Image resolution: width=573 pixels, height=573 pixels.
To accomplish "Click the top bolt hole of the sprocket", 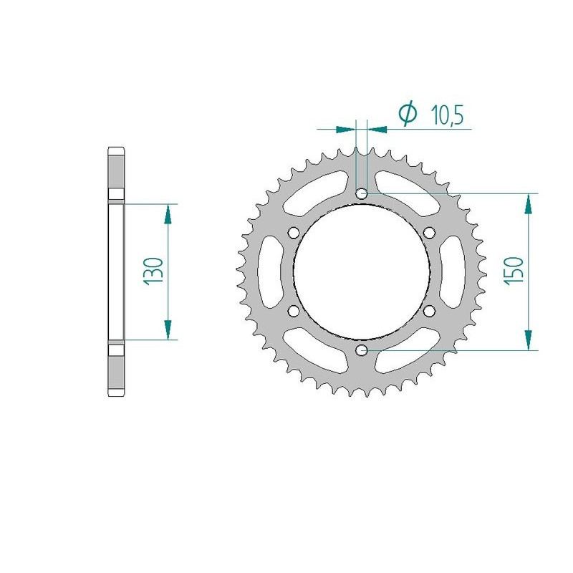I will (x=362, y=193).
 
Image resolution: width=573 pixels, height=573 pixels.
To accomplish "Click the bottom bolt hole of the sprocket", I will (x=362, y=350).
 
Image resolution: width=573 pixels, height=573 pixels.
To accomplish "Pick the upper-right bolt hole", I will (x=429, y=233).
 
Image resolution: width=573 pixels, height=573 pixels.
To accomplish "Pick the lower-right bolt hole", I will (x=429, y=310).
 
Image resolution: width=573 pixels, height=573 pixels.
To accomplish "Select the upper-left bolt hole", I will (x=294, y=233).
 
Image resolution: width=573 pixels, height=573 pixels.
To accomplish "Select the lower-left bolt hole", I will (x=294, y=310).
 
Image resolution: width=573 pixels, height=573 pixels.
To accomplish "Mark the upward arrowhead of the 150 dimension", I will (x=529, y=203).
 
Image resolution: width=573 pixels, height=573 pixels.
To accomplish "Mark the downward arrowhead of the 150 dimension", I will (x=529, y=340).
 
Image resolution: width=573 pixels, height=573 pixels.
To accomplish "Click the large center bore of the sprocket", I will (x=362, y=271).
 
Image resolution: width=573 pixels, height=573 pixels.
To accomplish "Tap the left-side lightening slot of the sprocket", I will (x=266, y=271).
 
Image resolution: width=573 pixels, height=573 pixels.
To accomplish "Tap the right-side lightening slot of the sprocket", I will (x=456, y=271).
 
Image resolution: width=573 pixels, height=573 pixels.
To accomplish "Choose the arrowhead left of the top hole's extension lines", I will (x=346, y=130).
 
